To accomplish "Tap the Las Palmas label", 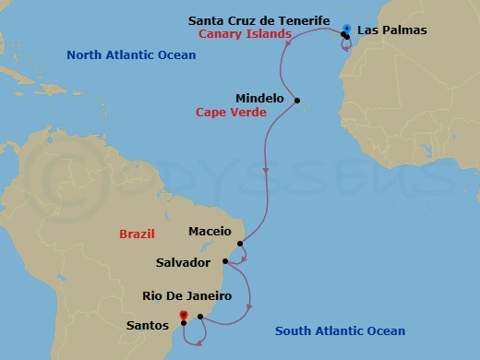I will pyautogui.click(x=391, y=30).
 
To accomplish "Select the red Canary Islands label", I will pyautogui.click(x=246, y=34).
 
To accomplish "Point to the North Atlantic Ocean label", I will pyautogui.click(x=131, y=55).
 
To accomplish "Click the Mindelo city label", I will pyautogui.click(x=259, y=96).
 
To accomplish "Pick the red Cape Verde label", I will pyautogui.click(x=231, y=113).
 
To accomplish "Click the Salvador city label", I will pyautogui.click(x=189, y=263).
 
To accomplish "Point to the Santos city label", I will pyautogui.click(x=148, y=325).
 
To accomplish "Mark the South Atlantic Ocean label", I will pyautogui.click(x=341, y=330).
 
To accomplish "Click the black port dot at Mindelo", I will pyautogui.click(x=297, y=100).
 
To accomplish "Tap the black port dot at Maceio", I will pyautogui.click(x=239, y=244).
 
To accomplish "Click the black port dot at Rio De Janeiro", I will pyautogui.click(x=200, y=317).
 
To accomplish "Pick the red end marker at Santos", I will pyautogui.click(x=184, y=316).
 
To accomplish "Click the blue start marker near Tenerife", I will pyautogui.click(x=347, y=28).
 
